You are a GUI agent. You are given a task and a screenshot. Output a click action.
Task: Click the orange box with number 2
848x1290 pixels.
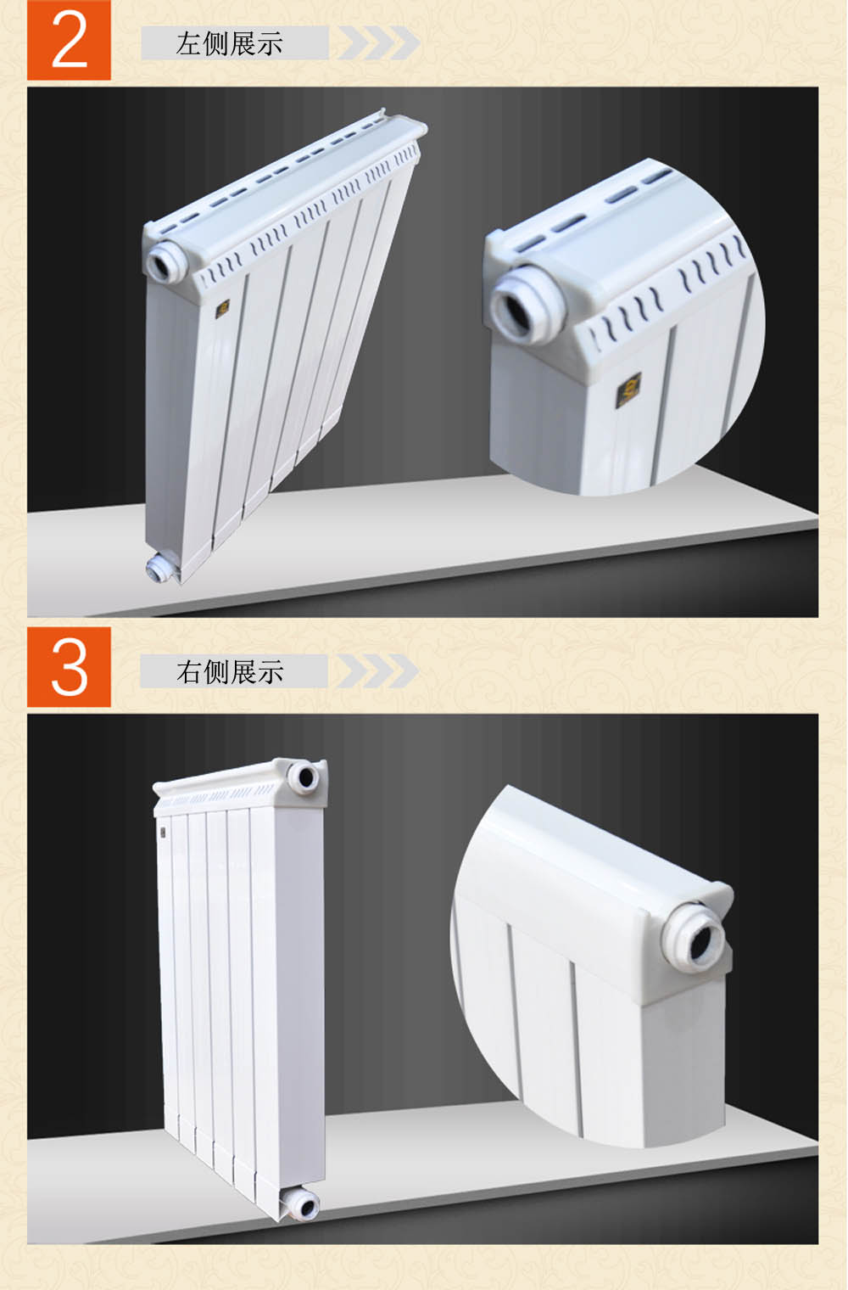[x=69, y=40]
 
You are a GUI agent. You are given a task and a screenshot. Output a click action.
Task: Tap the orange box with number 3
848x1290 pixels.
[x=69, y=667]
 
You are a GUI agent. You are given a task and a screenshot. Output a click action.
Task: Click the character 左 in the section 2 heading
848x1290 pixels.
[x=188, y=44]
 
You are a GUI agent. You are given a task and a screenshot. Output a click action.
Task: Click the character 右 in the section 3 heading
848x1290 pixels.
[x=188, y=671]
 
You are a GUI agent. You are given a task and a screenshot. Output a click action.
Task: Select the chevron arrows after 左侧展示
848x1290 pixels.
[x=378, y=42]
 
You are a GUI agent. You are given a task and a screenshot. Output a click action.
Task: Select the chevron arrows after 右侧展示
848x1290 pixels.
[x=377, y=671]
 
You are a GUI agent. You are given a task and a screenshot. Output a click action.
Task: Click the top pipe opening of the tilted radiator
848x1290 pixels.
[x=164, y=262]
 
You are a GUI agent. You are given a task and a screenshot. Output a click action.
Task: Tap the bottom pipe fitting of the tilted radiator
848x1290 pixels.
[x=159, y=568]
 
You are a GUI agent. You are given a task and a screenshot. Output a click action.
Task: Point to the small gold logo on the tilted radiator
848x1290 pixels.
[x=223, y=309]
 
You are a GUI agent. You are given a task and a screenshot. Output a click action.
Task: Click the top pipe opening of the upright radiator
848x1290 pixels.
[x=305, y=778]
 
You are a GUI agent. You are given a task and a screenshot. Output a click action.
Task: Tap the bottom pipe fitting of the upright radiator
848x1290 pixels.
[x=299, y=1205]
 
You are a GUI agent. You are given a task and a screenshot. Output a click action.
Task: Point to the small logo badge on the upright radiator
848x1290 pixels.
[x=163, y=833]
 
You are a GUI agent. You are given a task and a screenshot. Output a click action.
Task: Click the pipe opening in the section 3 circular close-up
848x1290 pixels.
[x=695, y=939]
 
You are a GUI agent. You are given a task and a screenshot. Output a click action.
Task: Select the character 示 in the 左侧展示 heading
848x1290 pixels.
[x=270, y=44]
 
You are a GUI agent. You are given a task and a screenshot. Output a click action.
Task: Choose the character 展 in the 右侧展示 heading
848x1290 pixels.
[x=243, y=671]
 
